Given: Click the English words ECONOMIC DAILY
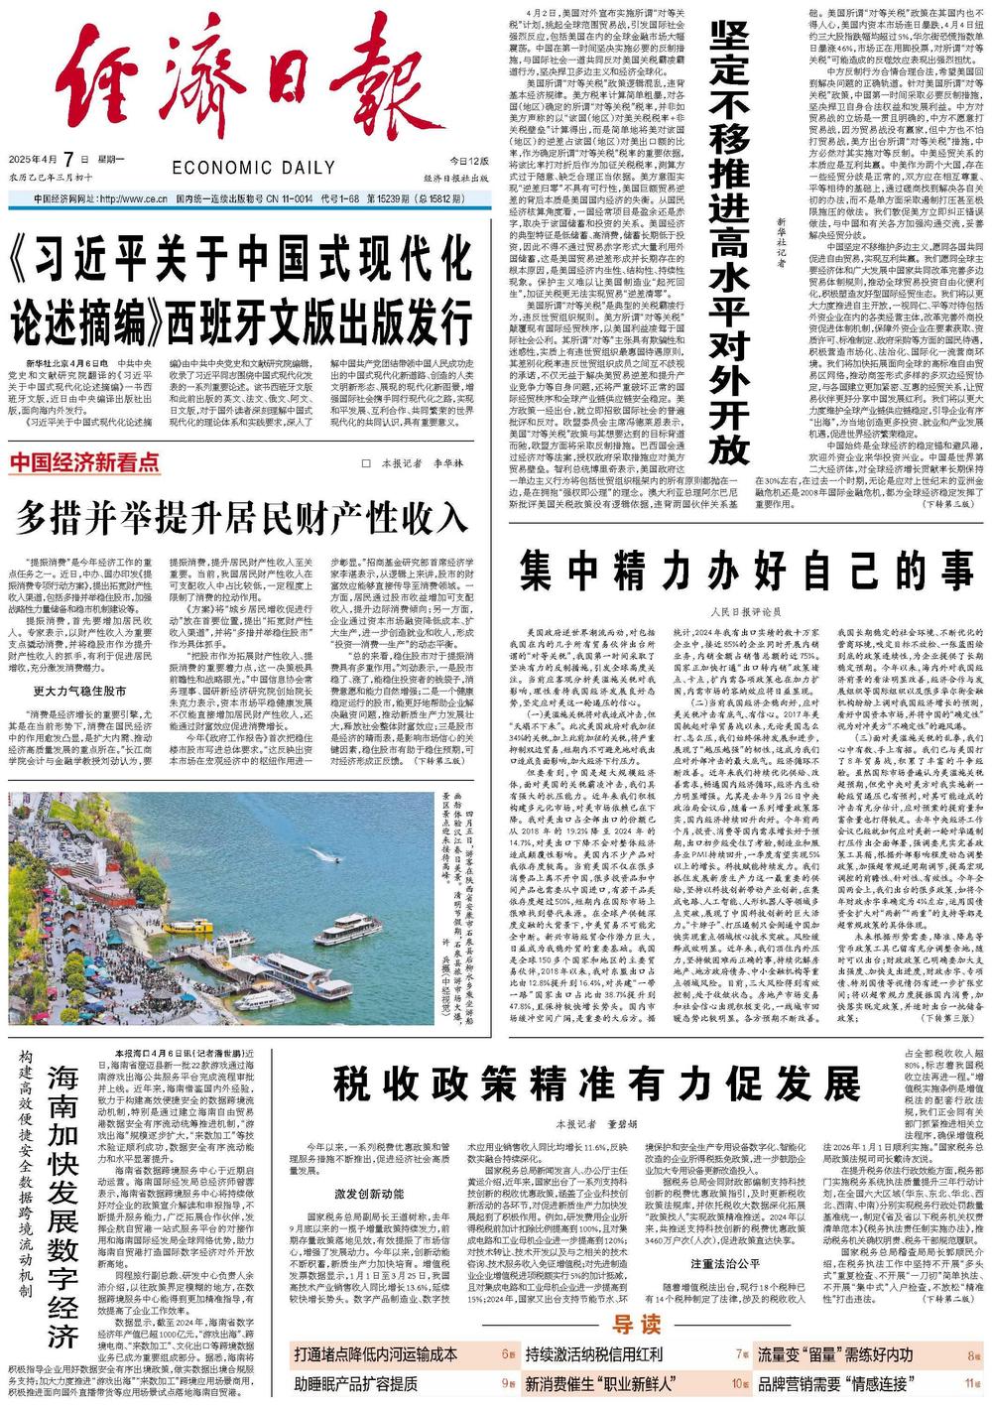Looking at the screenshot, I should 253,168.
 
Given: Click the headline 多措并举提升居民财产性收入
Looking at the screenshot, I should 241,517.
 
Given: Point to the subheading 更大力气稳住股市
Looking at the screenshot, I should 79,691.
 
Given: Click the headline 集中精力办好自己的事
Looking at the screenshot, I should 746,573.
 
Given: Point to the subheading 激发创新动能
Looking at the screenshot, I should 369,1194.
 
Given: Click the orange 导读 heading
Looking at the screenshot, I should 635,1326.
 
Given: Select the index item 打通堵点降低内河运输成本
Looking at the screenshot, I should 376,1354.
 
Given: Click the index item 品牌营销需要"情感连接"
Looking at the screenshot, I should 832,1383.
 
